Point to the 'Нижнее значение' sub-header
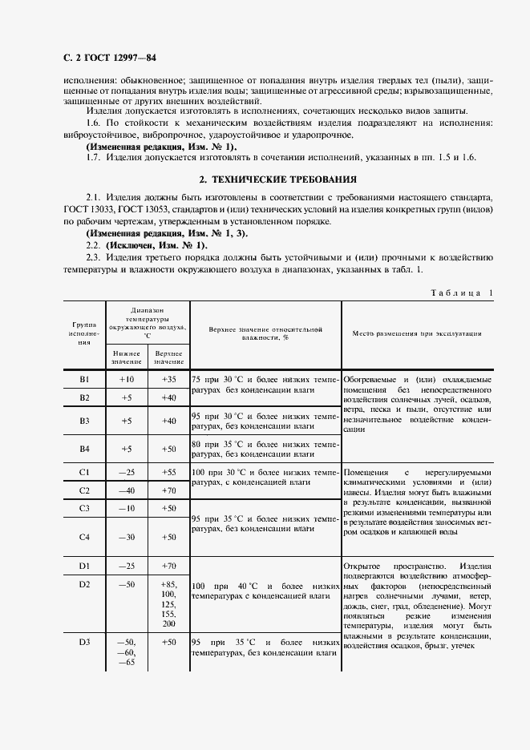pyautogui.click(x=126, y=357)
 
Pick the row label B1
pyautogui.click(x=84, y=378)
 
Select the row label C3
pyautogui.click(x=84, y=509)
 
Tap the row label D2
pyautogui.click(x=84, y=586)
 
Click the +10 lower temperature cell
pyautogui.click(x=126, y=378)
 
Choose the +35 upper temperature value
pyautogui.click(x=168, y=378)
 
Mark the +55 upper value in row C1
pyautogui.click(x=168, y=472)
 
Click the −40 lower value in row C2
pyautogui.click(x=126, y=490)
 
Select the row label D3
pyautogui.click(x=84, y=642)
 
